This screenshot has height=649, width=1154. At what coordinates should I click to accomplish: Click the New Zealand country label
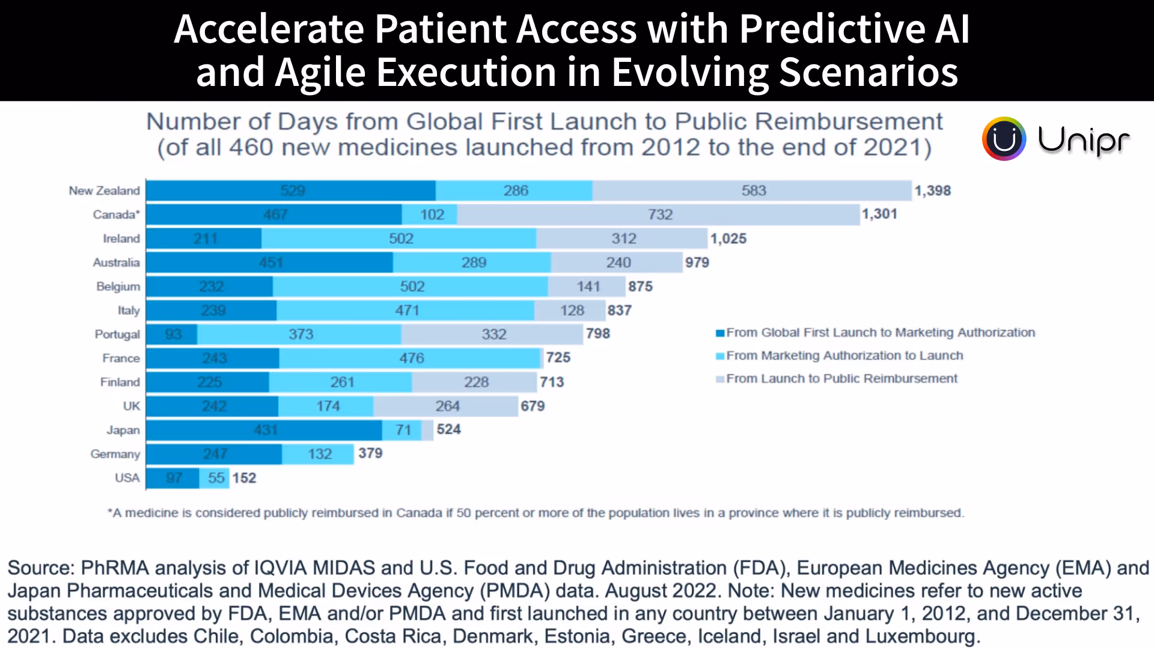coord(104,190)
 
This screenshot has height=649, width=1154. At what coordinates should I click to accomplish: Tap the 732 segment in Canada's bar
coord(659,215)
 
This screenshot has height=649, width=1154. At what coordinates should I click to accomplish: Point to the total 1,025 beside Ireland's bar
coord(728,239)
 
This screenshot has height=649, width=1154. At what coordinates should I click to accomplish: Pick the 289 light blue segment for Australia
coord(473,263)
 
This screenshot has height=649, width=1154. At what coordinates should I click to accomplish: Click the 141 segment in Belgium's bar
coord(588,287)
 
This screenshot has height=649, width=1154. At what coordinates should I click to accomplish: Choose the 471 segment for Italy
coord(406,311)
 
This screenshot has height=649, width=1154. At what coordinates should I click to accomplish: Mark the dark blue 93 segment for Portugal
coord(172,334)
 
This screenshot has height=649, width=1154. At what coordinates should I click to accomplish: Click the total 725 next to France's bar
coord(558,358)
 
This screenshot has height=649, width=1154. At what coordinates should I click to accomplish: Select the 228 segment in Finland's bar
coord(475,382)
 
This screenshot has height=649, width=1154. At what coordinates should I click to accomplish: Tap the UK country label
coord(131,406)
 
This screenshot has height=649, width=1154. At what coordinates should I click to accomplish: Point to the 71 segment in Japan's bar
coord(403,430)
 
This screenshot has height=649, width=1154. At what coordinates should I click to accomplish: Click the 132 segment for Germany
coord(319,454)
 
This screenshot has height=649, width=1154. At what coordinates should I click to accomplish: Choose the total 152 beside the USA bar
coord(244,478)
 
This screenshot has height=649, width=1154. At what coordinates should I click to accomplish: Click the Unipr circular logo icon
coord(1004,139)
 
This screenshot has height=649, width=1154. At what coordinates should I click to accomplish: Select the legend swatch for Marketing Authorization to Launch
coord(719,356)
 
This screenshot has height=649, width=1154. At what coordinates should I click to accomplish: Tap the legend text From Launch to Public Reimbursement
coord(841,379)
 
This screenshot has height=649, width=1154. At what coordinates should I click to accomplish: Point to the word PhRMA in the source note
coord(114,568)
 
